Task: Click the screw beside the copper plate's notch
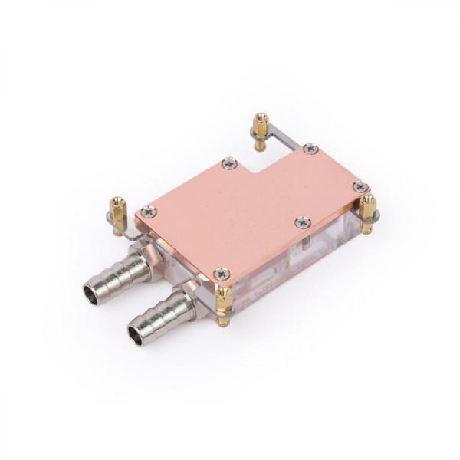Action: coord(228,163)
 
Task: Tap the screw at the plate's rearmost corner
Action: coord(310,149)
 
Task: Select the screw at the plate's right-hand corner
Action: coord(360,186)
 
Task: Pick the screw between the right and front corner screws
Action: coord(303,222)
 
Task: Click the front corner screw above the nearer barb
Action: coord(222,273)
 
